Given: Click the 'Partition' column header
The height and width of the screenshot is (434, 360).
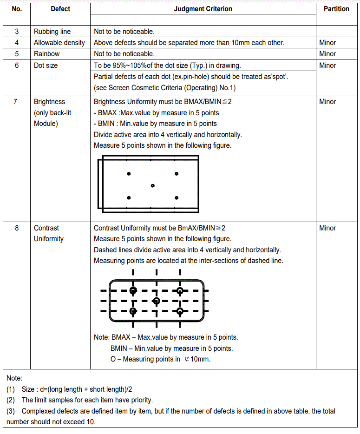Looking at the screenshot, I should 336,9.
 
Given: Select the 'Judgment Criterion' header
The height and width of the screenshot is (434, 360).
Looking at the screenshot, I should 203,9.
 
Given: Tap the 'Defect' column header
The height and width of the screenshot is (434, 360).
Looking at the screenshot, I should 60,9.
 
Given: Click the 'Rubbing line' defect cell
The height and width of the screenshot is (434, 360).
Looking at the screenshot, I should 52,32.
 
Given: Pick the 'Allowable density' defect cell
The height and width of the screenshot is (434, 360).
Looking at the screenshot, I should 59,43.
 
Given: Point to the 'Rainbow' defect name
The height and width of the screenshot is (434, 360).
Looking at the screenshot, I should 47,54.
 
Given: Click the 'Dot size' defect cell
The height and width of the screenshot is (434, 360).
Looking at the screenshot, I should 46,66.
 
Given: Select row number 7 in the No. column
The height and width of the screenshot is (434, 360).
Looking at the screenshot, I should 17,102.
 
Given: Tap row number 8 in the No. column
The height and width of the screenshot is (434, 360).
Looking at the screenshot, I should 17,228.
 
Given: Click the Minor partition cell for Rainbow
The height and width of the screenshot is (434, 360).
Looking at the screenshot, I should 327,54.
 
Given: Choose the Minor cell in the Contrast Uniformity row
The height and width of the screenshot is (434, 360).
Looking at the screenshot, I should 327,228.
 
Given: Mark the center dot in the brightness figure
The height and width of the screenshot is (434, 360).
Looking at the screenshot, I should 153,186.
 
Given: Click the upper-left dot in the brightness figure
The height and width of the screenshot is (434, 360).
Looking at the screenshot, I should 129,174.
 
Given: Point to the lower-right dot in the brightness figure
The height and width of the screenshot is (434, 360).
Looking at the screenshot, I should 177,198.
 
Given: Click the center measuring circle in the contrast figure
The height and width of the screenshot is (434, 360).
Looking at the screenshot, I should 157,301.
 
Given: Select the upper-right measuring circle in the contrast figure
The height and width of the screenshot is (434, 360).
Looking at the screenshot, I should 180,291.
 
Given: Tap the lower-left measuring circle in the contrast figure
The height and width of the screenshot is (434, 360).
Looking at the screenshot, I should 133,311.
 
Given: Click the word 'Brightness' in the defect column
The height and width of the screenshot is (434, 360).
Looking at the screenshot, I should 49,102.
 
